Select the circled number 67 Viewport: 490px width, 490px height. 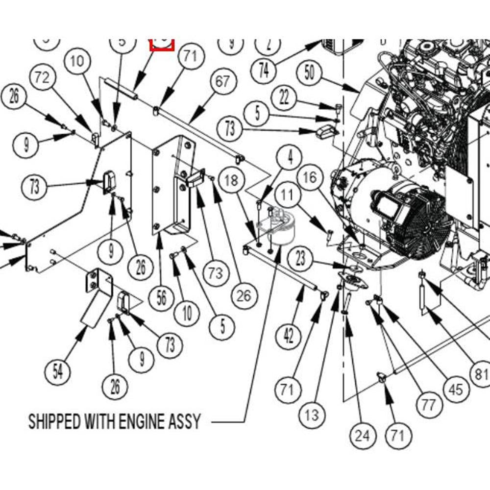tap(222, 81)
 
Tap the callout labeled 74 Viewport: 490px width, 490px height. tap(264, 71)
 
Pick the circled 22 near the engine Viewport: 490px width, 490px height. tap(285, 98)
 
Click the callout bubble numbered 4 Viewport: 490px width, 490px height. tap(291, 158)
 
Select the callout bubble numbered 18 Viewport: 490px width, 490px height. tap(231, 180)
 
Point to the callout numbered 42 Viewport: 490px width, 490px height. tap(289, 336)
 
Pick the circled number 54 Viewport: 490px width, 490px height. tap(58, 372)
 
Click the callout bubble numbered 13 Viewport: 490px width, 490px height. tap(312, 416)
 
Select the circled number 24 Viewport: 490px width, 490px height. tap(363, 434)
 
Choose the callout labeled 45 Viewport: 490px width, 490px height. tap(456, 389)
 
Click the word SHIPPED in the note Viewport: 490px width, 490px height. tap(54, 421)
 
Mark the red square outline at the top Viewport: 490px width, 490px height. tap(162, 45)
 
